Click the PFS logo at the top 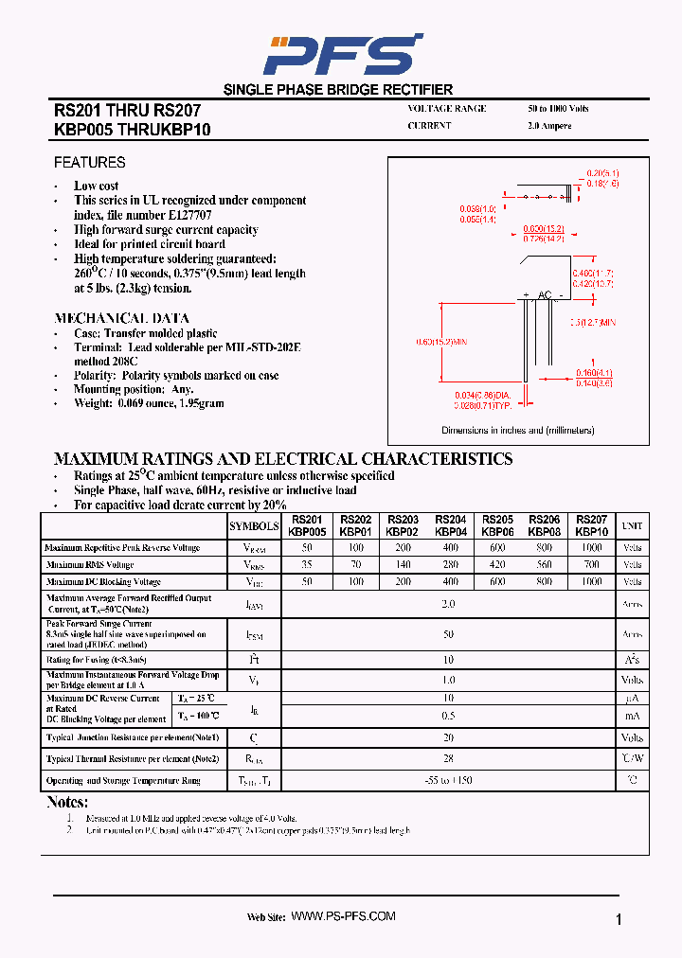342,54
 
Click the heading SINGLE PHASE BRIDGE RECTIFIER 338,90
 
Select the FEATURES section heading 90,163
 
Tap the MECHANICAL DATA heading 121,319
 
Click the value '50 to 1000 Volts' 558,109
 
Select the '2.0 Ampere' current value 549,126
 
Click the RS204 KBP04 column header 450,526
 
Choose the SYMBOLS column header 254,526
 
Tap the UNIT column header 632,526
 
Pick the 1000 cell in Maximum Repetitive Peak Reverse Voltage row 591,548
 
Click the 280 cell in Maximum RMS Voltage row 450,565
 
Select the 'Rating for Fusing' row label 96,659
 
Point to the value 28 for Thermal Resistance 448,759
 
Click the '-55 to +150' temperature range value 448,781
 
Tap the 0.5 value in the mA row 448,716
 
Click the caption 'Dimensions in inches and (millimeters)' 517,431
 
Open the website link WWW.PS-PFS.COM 342,916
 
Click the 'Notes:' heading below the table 67,803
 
